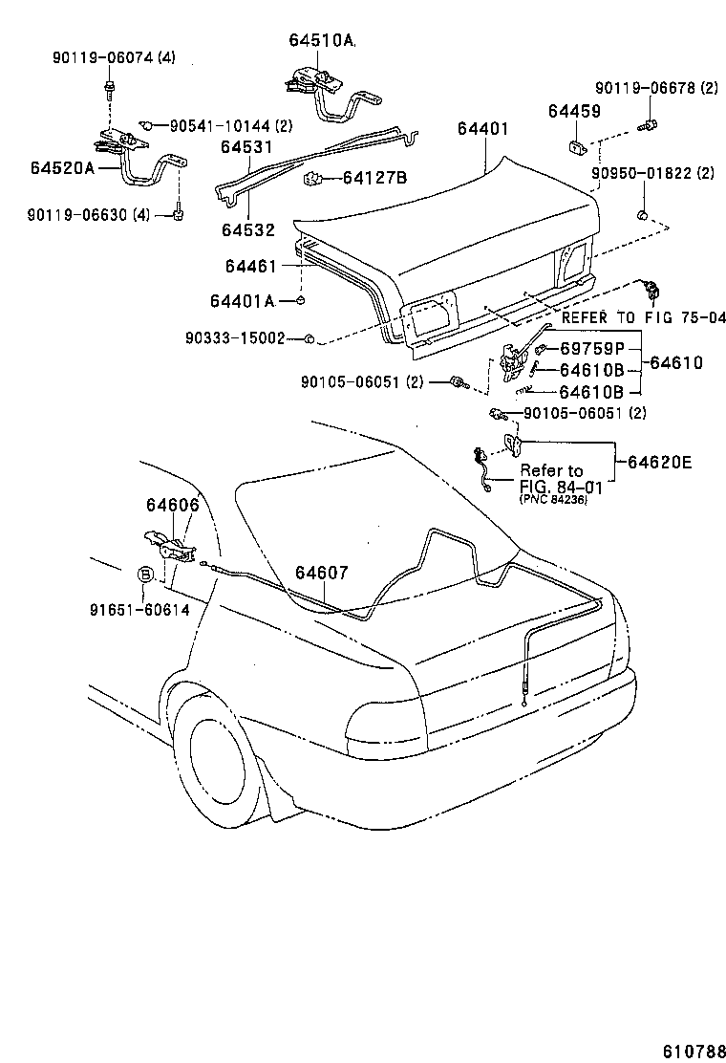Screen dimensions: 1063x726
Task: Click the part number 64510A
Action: coord(321,40)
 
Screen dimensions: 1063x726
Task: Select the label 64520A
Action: coord(62,168)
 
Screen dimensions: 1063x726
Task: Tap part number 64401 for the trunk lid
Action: coord(482,128)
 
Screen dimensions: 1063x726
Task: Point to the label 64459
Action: coord(574,112)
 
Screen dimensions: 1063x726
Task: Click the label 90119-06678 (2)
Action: coord(656,88)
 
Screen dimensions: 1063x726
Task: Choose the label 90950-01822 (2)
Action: coord(652,174)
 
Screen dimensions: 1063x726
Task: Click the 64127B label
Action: coord(374,178)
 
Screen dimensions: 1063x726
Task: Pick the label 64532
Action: coord(248,229)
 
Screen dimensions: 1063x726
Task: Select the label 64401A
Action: coord(243,301)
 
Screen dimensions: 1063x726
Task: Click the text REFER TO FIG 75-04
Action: coord(643,318)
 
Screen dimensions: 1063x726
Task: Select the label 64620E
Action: coord(659,463)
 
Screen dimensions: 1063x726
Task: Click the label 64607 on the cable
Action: coord(321,573)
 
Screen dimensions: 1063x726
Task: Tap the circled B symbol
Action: coord(145,574)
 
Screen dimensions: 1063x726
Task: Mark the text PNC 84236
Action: coord(553,499)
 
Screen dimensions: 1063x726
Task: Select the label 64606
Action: coord(172,504)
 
